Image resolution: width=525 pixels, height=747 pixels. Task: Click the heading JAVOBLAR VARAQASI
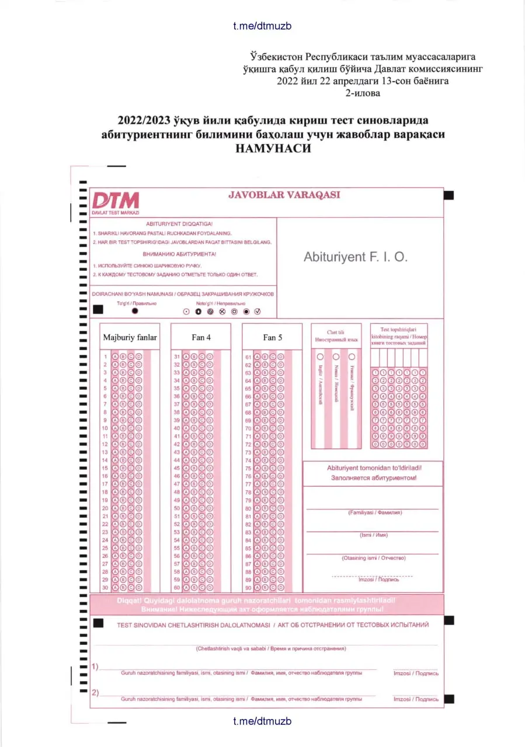tap(284, 195)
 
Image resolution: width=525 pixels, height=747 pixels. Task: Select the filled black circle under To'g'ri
tap(135, 311)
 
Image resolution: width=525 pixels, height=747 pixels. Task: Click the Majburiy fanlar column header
tap(130, 337)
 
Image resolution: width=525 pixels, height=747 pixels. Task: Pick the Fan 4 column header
tap(201, 337)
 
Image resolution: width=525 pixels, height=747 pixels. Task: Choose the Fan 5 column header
tap(272, 337)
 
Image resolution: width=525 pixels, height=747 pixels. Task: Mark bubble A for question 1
tap(115, 357)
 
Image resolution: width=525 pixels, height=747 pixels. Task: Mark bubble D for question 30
tap(139, 588)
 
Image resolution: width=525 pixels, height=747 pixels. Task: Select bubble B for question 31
tap(193, 357)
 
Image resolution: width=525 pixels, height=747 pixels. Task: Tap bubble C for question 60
tap(201, 588)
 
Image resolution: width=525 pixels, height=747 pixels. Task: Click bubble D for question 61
tap(280, 357)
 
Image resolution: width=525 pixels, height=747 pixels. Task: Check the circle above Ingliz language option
tap(320, 356)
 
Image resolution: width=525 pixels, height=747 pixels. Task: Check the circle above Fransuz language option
tap(352, 356)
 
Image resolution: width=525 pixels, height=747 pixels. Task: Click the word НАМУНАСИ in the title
tap(273, 148)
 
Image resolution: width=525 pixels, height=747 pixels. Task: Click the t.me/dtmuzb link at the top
tap(262, 26)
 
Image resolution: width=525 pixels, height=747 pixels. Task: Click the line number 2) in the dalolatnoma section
tap(95, 692)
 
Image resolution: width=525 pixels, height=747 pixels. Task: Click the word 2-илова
tap(363, 93)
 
